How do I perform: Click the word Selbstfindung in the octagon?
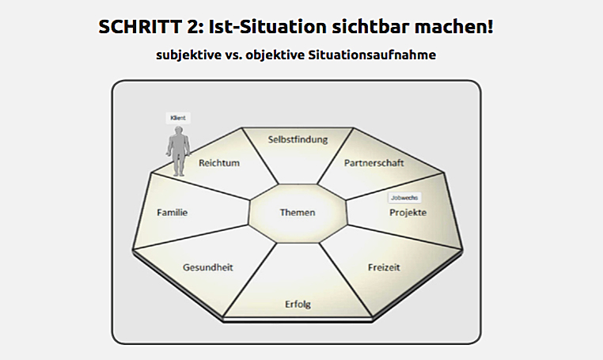click(x=298, y=139)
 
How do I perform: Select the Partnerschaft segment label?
click(x=374, y=163)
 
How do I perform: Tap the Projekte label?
click(x=408, y=213)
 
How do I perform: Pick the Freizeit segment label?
click(x=384, y=267)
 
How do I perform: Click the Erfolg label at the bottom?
click(x=298, y=305)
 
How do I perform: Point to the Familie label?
click(x=172, y=212)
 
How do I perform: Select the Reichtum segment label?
click(x=219, y=163)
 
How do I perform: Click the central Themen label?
click(x=298, y=212)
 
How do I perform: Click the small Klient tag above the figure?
click(x=178, y=118)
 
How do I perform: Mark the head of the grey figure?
click(x=179, y=129)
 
